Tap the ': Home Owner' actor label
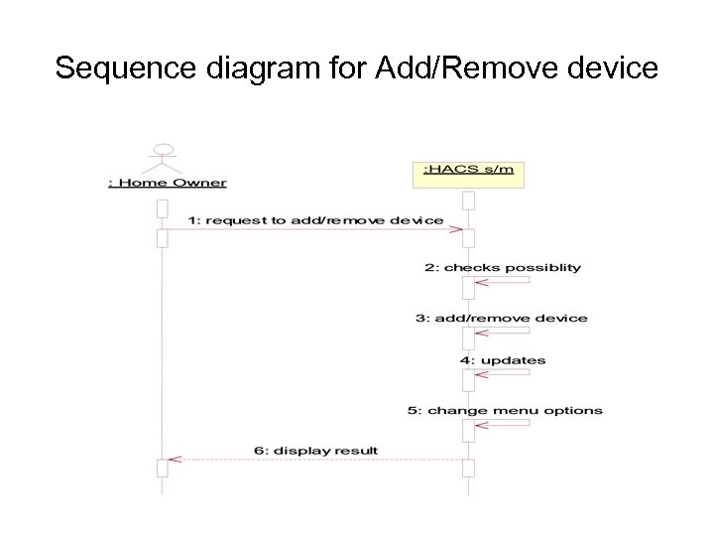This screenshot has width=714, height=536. tap(167, 183)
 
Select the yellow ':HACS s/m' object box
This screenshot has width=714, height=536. tap(468, 171)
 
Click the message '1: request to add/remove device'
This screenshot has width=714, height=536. tap(316, 219)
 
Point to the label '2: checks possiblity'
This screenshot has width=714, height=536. tap(502, 267)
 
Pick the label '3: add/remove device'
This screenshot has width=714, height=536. tap(501, 319)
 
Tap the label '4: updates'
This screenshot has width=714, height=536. tap(502, 360)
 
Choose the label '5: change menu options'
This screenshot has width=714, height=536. tap(505, 410)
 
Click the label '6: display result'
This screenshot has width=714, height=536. tap(315, 450)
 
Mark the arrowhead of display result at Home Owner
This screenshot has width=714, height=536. tap(175, 460)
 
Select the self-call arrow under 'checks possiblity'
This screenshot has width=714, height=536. tap(502, 282)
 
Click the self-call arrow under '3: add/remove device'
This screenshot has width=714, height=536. tap(502, 332)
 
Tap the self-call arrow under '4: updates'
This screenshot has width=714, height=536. tap(502, 374)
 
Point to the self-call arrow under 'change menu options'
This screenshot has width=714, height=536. tap(502, 424)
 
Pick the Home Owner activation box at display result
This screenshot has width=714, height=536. tap(163, 468)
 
